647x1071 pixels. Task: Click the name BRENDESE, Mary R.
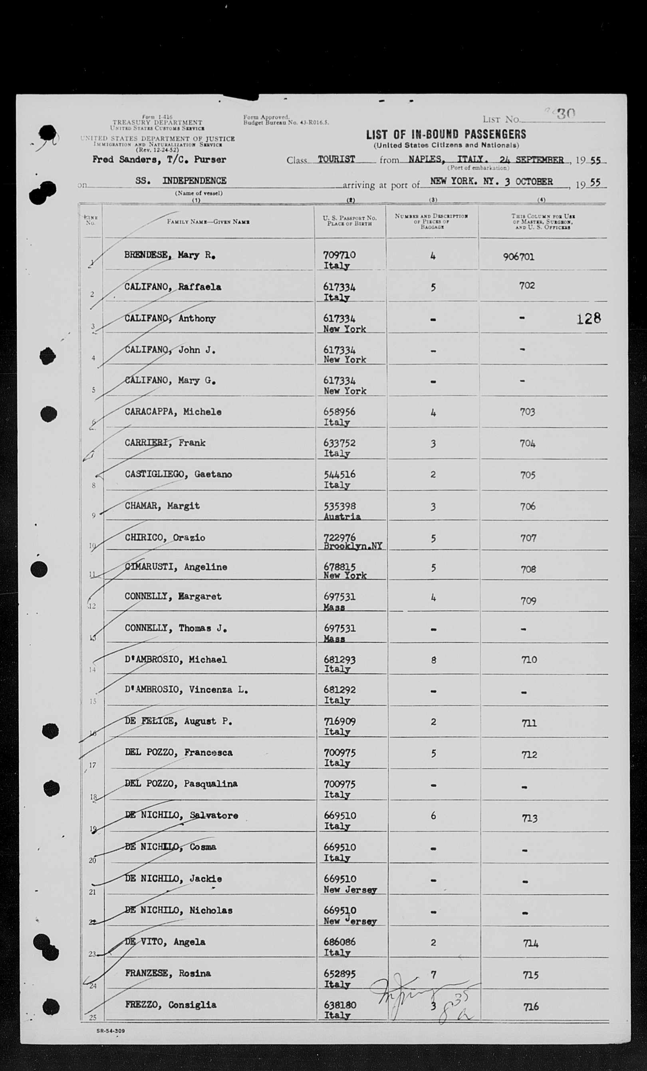click(170, 255)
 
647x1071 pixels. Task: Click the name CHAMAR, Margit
click(162, 506)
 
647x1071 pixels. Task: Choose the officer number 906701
click(519, 257)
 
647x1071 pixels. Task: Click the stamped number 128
click(588, 318)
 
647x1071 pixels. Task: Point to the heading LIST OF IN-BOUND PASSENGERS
click(446, 134)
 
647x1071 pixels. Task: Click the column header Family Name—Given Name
click(208, 222)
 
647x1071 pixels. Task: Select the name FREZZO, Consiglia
click(171, 1004)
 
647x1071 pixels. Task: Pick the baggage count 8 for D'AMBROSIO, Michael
click(433, 660)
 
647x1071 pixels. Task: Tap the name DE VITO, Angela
click(165, 942)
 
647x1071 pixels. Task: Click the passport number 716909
click(339, 721)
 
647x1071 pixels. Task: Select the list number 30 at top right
click(566, 114)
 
